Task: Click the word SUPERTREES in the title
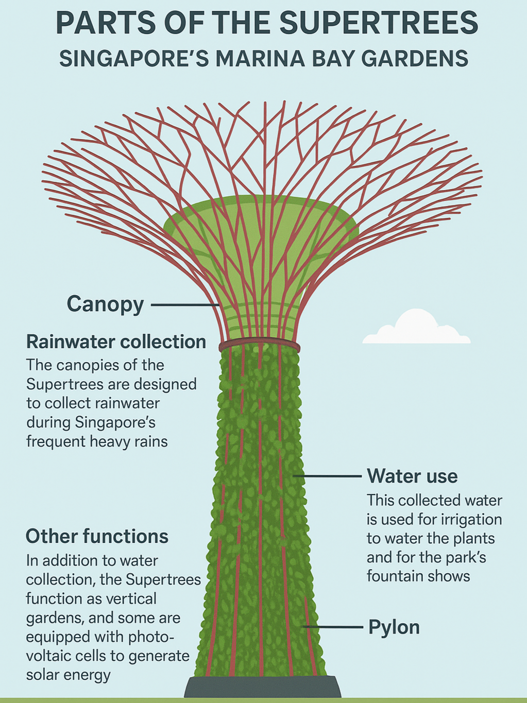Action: click(379, 23)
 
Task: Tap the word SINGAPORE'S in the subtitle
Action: click(134, 59)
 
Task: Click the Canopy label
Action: click(105, 304)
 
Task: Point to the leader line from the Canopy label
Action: click(185, 305)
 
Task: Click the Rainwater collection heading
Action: click(116, 341)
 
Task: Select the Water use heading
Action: click(412, 476)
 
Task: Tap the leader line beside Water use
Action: click(330, 476)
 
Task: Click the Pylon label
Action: click(394, 627)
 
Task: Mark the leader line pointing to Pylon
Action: click(335, 627)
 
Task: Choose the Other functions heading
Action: click(97, 536)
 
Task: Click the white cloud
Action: click(416, 328)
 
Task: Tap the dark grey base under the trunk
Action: click(263, 688)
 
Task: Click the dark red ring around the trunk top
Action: click(260, 344)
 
